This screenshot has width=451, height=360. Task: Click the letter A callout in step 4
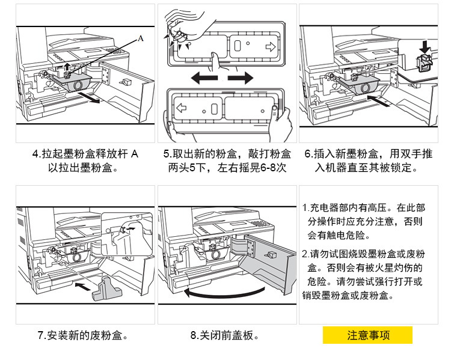coord(140,38)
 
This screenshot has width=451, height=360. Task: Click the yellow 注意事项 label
coord(367,335)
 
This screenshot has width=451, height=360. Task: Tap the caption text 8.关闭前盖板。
coord(225,335)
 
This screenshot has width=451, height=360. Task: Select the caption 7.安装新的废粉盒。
coord(83,335)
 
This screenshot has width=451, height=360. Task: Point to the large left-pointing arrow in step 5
coord(201,78)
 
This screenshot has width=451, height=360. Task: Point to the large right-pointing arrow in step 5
coord(244,78)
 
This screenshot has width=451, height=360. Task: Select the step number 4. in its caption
coord(35,154)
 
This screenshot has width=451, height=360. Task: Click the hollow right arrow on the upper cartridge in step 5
coord(269,46)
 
